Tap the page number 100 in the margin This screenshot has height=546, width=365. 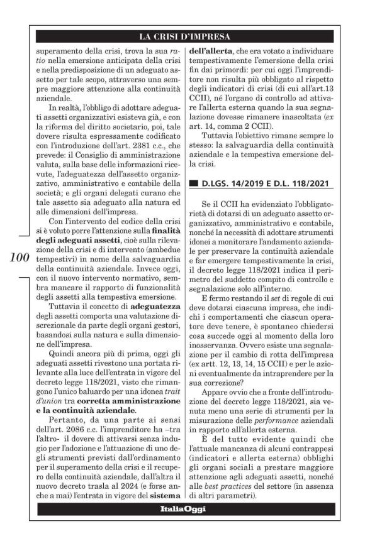(x=21, y=258)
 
